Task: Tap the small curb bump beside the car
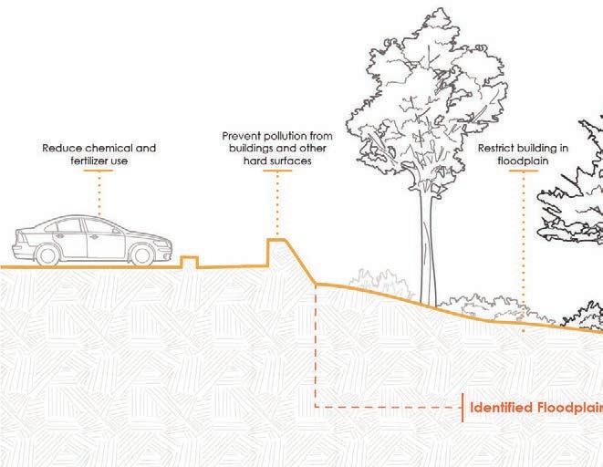click(189, 262)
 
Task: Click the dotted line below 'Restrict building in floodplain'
click(523, 246)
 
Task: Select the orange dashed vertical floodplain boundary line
click(315, 347)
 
